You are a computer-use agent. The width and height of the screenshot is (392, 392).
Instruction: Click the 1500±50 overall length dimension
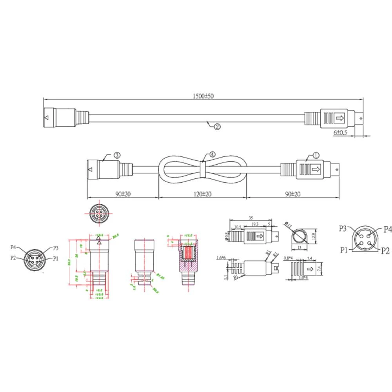pyautogui.click(x=203, y=96)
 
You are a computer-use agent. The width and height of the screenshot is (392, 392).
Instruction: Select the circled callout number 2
pyautogui.click(x=217, y=126)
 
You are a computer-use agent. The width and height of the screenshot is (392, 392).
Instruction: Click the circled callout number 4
pyautogui.click(x=212, y=155)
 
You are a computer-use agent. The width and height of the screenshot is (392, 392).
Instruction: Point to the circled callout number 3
pyautogui.click(x=117, y=155)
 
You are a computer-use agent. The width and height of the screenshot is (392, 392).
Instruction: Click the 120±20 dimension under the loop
pyautogui.click(x=202, y=194)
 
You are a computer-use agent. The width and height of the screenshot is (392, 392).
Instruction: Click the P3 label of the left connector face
pyautogui.click(x=55, y=248)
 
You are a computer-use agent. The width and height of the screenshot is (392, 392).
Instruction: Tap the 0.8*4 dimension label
pyautogui.click(x=289, y=258)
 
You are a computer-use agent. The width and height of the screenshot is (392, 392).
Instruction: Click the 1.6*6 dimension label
pyautogui.click(x=221, y=258)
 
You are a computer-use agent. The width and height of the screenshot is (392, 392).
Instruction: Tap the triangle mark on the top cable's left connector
pyautogui.click(x=47, y=117)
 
